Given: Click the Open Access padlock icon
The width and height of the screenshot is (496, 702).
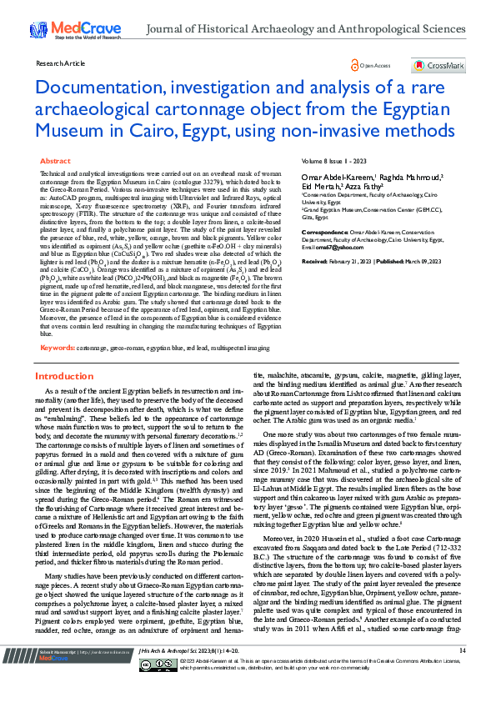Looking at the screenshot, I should (356, 65).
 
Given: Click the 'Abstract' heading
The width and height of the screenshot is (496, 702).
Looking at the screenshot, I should (56, 161).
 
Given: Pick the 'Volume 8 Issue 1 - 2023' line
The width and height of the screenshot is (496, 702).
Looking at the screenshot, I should (335, 161).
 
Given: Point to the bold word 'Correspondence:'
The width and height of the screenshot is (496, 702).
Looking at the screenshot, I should (324, 231).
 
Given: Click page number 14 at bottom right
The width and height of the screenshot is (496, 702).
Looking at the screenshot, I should (463, 673).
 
